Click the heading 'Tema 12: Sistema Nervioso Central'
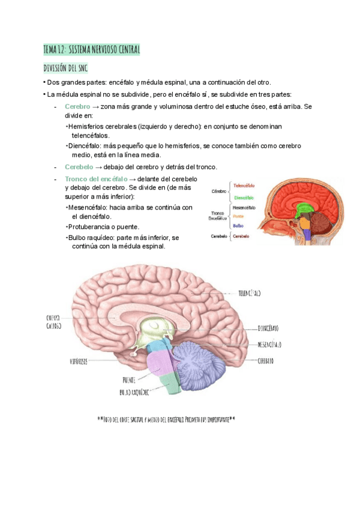coord(91,50)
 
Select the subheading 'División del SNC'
coord(65,68)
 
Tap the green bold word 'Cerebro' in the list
coord(77,106)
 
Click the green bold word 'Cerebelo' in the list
coord(79,166)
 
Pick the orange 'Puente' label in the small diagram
coord(238,216)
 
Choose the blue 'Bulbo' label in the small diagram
coord(238,225)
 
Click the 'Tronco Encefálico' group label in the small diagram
coord(217,216)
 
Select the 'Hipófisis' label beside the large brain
coord(79,362)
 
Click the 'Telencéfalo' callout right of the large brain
coord(249,294)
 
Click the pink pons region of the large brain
coord(161,364)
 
